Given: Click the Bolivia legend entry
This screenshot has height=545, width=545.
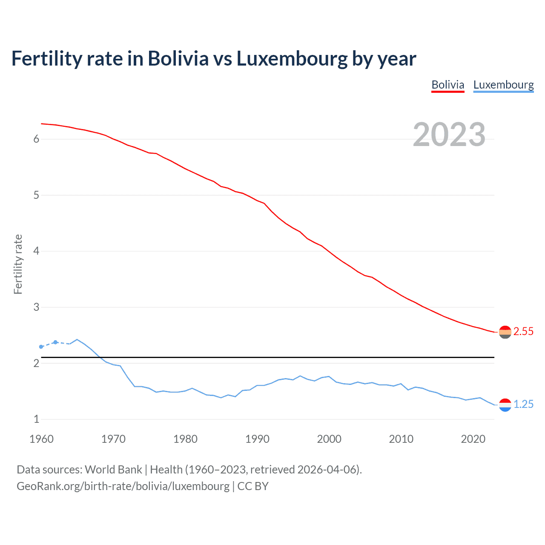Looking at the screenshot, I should tap(447, 85).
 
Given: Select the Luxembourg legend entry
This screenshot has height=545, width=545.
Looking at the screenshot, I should tap(503, 85).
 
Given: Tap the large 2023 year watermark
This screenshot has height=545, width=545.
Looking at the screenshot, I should tap(449, 135).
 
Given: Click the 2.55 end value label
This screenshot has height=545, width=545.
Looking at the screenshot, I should tap(523, 331).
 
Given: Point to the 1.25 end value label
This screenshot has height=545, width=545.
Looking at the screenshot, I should tap(523, 404).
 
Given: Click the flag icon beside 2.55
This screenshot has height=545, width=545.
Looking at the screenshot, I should tap(505, 332).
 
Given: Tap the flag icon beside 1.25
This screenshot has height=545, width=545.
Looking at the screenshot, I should tap(505, 405).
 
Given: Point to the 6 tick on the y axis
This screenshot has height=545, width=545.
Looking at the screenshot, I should tap(36, 139).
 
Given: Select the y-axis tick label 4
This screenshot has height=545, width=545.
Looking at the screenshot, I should tap(36, 251).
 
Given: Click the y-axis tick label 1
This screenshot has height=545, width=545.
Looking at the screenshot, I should tap(36, 419).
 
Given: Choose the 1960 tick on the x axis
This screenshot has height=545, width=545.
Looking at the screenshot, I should tap(41, 439).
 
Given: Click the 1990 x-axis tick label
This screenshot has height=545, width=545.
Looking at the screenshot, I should tap(257, 439).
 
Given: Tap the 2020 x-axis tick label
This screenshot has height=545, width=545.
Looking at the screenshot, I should tap(473, 439).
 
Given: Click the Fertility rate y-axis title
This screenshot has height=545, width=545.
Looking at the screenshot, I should tap(18, 264).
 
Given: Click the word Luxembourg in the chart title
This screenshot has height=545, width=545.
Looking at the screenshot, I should tap(292, 59).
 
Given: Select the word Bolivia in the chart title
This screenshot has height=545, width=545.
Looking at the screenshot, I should tap(178, 59).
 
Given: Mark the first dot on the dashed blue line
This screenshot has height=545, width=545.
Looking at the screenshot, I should tap(41, 347).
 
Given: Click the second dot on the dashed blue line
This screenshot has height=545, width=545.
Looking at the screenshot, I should tap(55, 342).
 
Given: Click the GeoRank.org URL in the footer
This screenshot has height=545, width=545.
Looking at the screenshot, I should tap(123, 486).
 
